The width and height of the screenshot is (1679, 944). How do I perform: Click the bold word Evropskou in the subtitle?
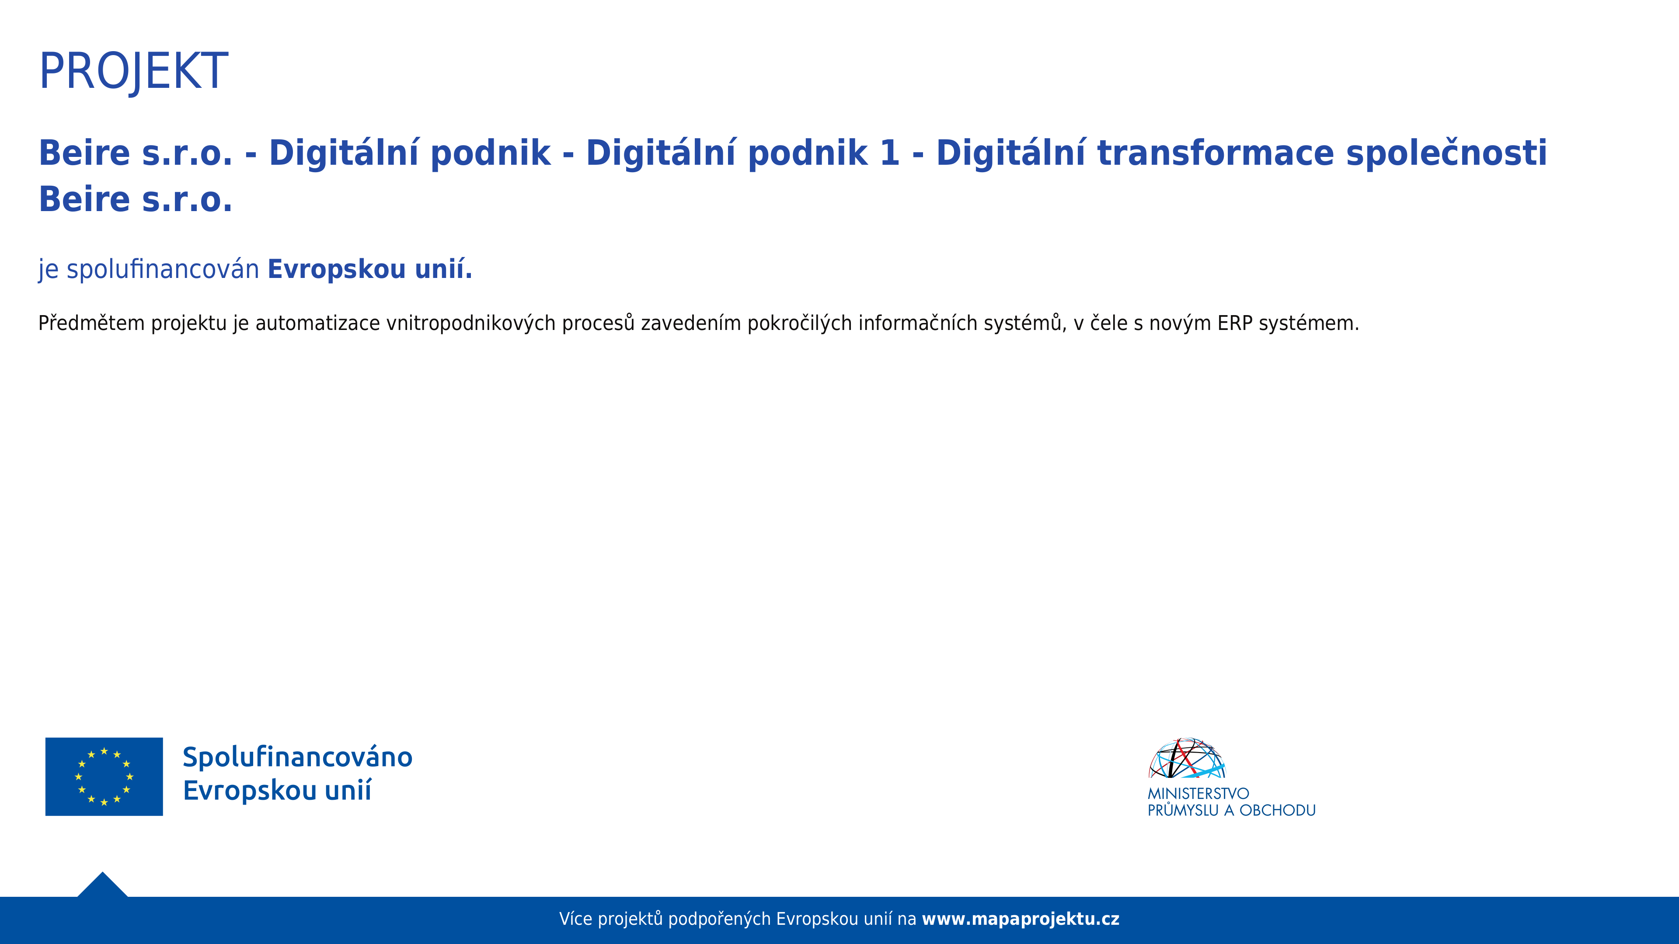coord(337,269)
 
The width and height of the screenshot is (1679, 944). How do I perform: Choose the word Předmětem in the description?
coord(91,323)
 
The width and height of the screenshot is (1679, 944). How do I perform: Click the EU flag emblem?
coord(105,777)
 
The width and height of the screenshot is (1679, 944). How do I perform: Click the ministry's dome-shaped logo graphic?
coord(1187,758)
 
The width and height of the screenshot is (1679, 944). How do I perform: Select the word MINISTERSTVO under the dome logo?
coord(1198,794)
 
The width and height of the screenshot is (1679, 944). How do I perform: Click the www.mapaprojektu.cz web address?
coord(1021,919)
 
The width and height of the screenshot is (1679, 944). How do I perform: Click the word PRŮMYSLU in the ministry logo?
coord(1183,810)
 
